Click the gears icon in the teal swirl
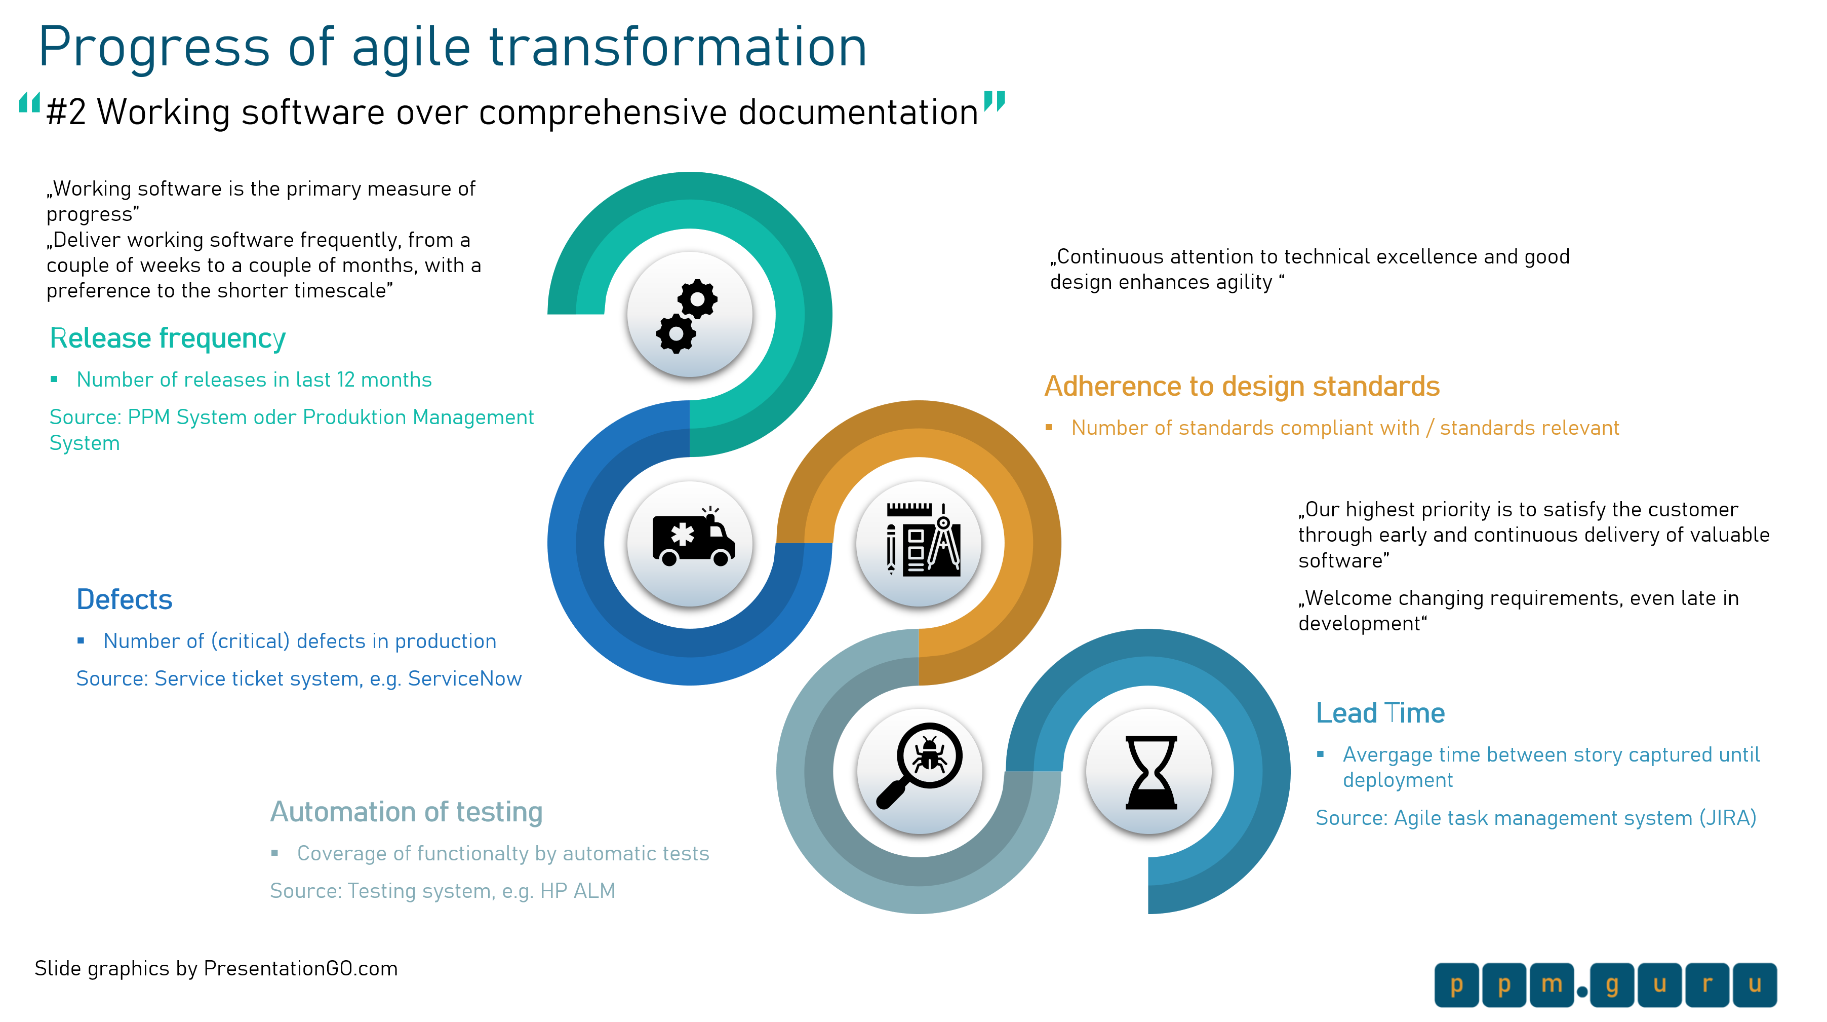pyautogui.click(x=687, y=316)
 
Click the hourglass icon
pyautogui.click(x=1151, y=772)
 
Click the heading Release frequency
pyautogui.click(x=168, y=338)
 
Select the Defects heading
pyautogui.click(x=124, y=600)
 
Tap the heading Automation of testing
pyautogui.click(x=407, y=812)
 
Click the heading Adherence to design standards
pyautogui.click(x=1242, y=386)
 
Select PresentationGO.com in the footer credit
pyautogui.click(x=301, y=968)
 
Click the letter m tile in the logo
pyautogui.click(x=1552, y=985)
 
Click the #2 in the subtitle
pyautogui.click(x=66, y=112)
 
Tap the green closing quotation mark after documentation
pyautogui.click(x=995, y=101)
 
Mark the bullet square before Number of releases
pyautogui.click(x=54, y=380)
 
